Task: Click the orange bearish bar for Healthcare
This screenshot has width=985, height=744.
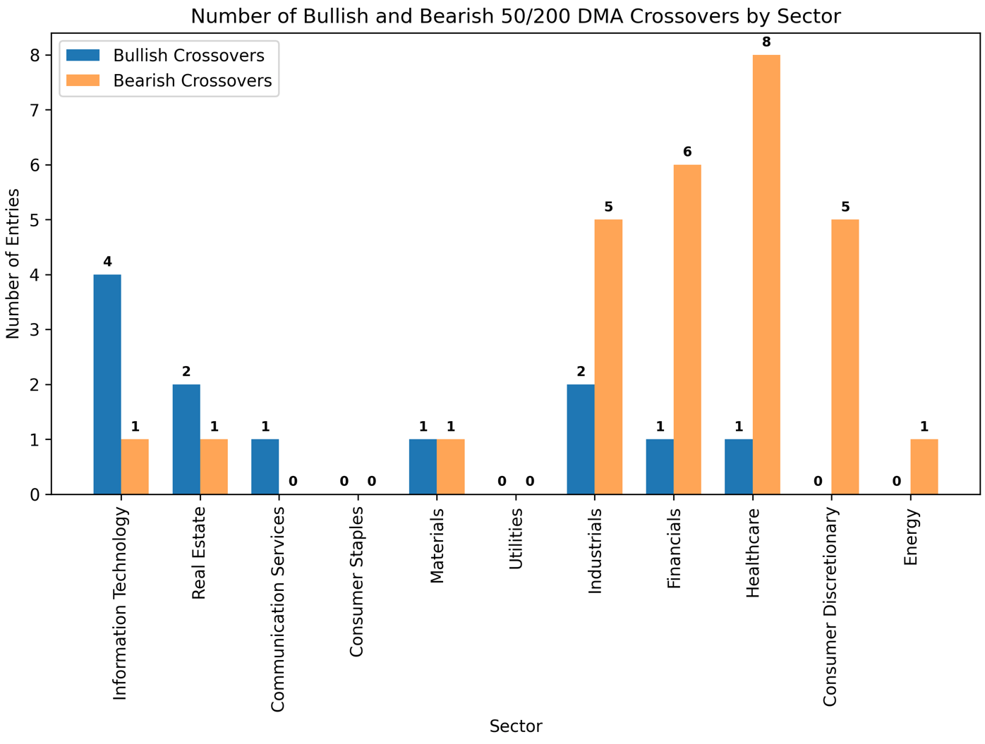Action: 766,274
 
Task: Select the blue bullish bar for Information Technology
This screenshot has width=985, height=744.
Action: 107,384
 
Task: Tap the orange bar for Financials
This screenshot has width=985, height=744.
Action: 687,329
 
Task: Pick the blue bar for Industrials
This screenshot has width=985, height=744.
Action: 581,439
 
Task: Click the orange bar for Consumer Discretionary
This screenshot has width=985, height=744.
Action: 845,357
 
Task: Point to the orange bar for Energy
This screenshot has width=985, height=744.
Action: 924,467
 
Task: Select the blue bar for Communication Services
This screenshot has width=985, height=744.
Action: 265,467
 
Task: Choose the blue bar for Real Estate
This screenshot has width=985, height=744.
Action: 186,439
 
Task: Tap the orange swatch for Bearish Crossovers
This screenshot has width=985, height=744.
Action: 83,80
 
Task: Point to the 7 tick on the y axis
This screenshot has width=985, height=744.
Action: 49,110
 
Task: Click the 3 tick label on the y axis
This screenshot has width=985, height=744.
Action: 35,329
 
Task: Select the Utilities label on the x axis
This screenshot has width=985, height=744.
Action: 516,539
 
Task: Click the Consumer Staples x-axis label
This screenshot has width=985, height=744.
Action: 356,582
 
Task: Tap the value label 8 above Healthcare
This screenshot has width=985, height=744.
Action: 766,42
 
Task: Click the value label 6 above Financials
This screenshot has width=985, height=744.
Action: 687,152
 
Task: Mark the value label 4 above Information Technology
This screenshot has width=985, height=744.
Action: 107,262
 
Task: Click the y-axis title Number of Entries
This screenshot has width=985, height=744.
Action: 13,264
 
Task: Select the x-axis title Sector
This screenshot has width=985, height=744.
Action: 516,726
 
